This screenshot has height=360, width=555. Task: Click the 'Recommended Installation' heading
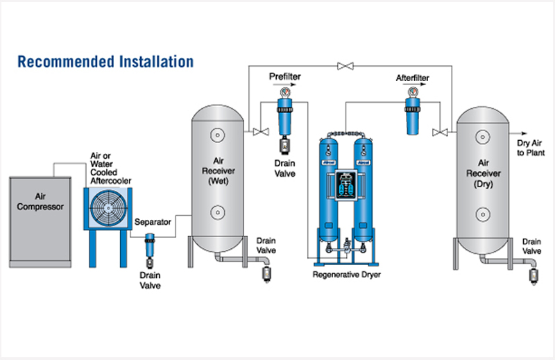pos(105,62)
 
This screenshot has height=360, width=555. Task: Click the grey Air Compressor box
pos(40,221)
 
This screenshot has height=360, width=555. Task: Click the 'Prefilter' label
pos(284,76)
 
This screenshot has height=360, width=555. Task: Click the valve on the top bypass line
pos(342,66)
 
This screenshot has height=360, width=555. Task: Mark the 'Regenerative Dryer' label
pos(346,275)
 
